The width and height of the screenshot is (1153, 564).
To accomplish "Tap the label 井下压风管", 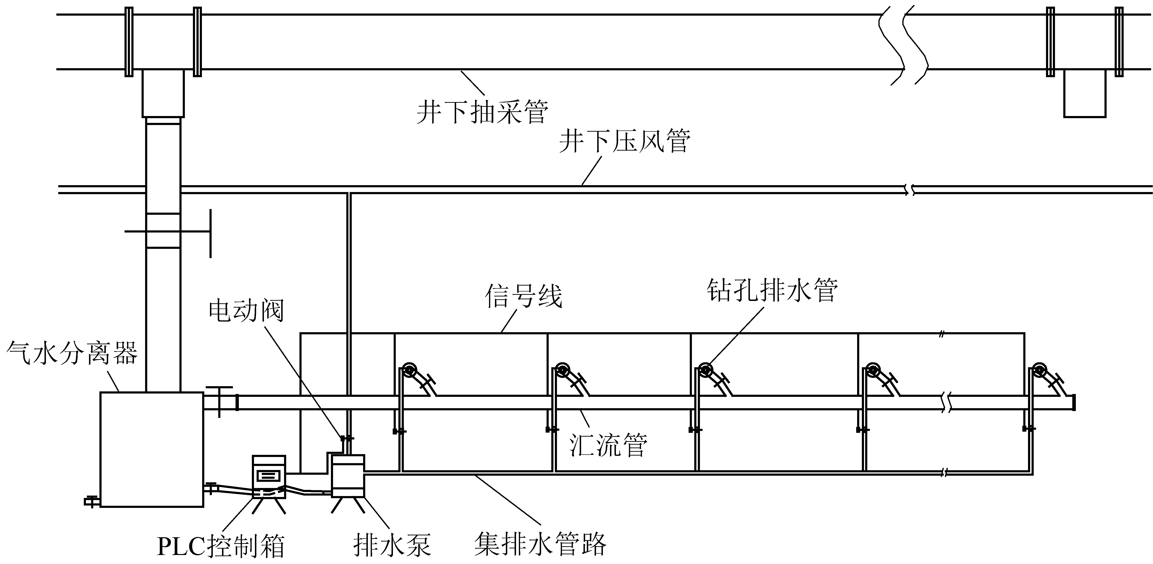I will point(624,141).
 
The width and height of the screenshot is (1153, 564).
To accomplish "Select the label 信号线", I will point(523,296).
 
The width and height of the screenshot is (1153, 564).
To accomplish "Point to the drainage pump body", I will point(348,476).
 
